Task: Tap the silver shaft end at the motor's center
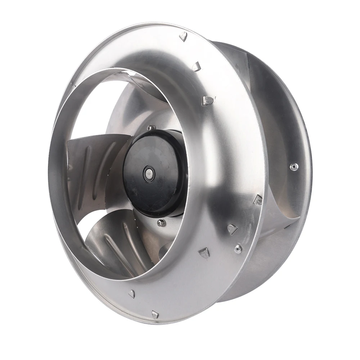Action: tap(148, 173)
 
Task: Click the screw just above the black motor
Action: tap(150, 127)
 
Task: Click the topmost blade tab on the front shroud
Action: tap(183, 36)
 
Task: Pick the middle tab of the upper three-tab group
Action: tap(196, 66)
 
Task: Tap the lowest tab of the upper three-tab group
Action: tap(207, 100)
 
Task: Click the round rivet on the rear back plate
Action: tap(294, 166)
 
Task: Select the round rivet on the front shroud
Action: tap(238, 248)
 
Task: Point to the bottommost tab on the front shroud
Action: tap(155, 314)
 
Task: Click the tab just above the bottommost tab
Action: tap(132, 294)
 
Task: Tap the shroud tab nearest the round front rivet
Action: tap(232, 229)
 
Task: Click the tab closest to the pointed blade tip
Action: tap(258, 199)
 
